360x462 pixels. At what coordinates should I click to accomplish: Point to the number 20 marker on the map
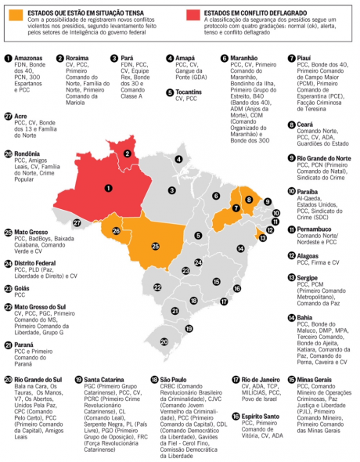[x=163, y=341]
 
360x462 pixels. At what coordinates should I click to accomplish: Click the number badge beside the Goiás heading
[x=7, y=287]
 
